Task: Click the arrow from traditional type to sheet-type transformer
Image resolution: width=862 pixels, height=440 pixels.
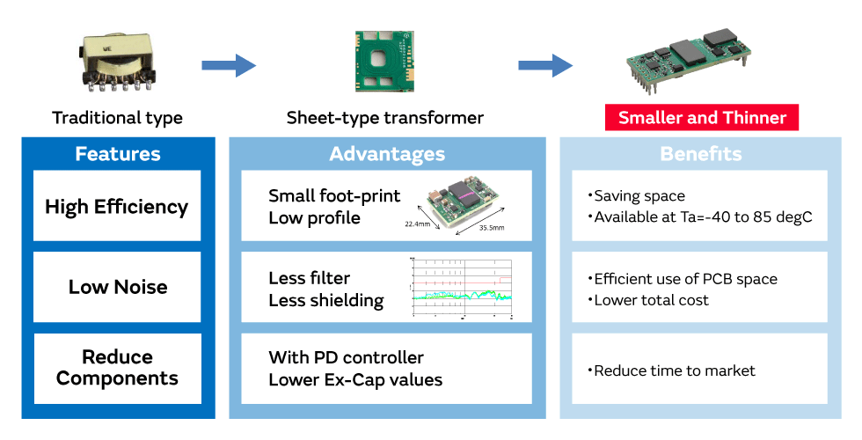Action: tap(228, 65)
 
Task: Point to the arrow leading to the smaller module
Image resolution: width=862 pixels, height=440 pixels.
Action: tap(544, 65)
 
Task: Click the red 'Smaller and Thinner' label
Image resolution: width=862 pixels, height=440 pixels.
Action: tap(701, 118)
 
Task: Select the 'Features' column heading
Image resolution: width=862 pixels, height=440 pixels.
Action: tap(118, 155)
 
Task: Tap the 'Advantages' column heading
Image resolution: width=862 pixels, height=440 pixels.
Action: tap(387, 155)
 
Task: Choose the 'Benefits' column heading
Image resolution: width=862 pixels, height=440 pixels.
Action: tap(700, 155)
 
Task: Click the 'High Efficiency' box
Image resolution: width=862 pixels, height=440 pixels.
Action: tap(117, 207)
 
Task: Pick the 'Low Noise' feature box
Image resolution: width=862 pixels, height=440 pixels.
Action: tap(117, 287)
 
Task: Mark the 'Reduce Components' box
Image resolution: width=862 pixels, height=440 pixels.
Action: tap(117, 368)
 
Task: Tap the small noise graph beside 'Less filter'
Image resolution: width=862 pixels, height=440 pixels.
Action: tap(461, 287)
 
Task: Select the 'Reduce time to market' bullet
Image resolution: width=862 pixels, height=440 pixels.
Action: tap(674, 370)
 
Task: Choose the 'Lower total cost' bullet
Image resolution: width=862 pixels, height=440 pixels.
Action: tap(651, 300)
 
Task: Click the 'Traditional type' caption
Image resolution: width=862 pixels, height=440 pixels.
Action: tap(117, 118)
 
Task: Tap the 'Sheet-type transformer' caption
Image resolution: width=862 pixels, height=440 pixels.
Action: tap(384, 118)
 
